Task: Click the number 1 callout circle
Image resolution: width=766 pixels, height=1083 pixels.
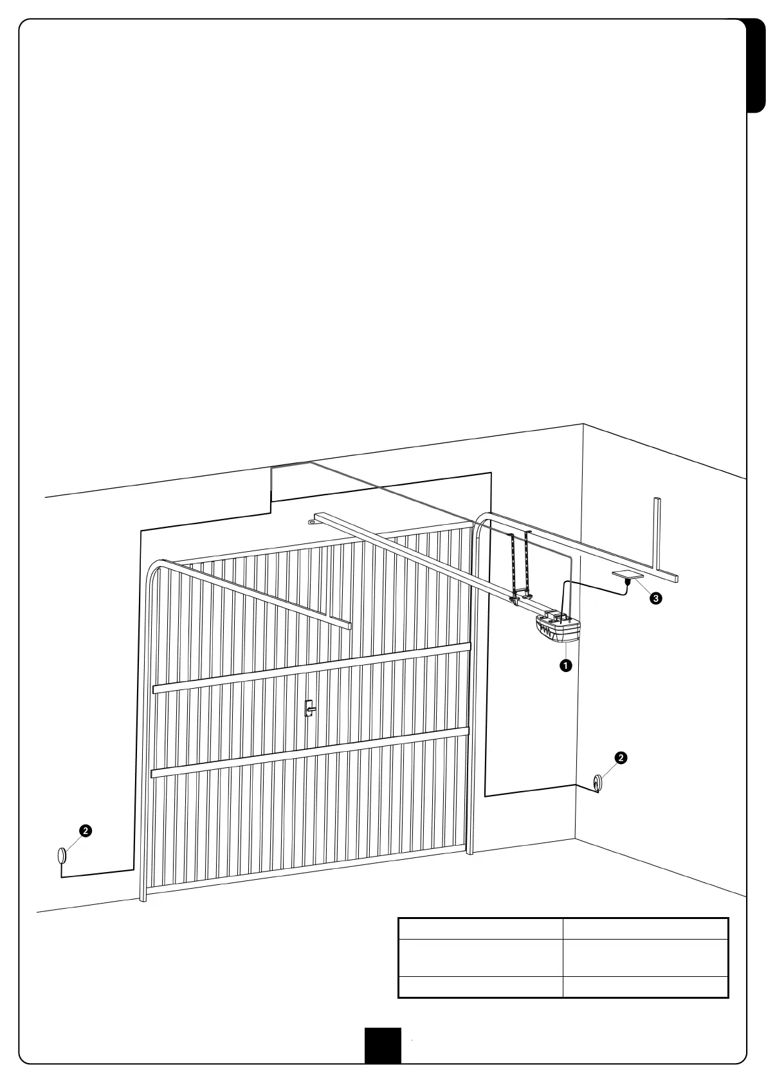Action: point(565,666)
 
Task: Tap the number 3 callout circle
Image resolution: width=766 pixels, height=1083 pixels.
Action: point(655,599)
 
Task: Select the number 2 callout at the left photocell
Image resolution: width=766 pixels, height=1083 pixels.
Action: point(84,830)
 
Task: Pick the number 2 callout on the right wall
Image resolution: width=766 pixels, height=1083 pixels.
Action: point(620,758)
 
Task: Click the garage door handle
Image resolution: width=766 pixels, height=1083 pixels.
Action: point(309,708)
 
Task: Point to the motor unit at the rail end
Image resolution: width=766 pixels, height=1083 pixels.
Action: point(558,628)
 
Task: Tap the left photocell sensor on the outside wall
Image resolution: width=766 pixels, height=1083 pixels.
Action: point(62,856)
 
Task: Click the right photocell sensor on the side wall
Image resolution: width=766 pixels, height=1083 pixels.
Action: point(598,783)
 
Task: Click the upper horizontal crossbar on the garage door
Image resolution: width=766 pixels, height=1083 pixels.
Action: point(311,669)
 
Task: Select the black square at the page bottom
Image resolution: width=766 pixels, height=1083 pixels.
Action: point(383,1045)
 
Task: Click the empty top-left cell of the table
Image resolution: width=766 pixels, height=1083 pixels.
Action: point(480,929)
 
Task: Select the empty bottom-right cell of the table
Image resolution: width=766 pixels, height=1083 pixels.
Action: point(645,987)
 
